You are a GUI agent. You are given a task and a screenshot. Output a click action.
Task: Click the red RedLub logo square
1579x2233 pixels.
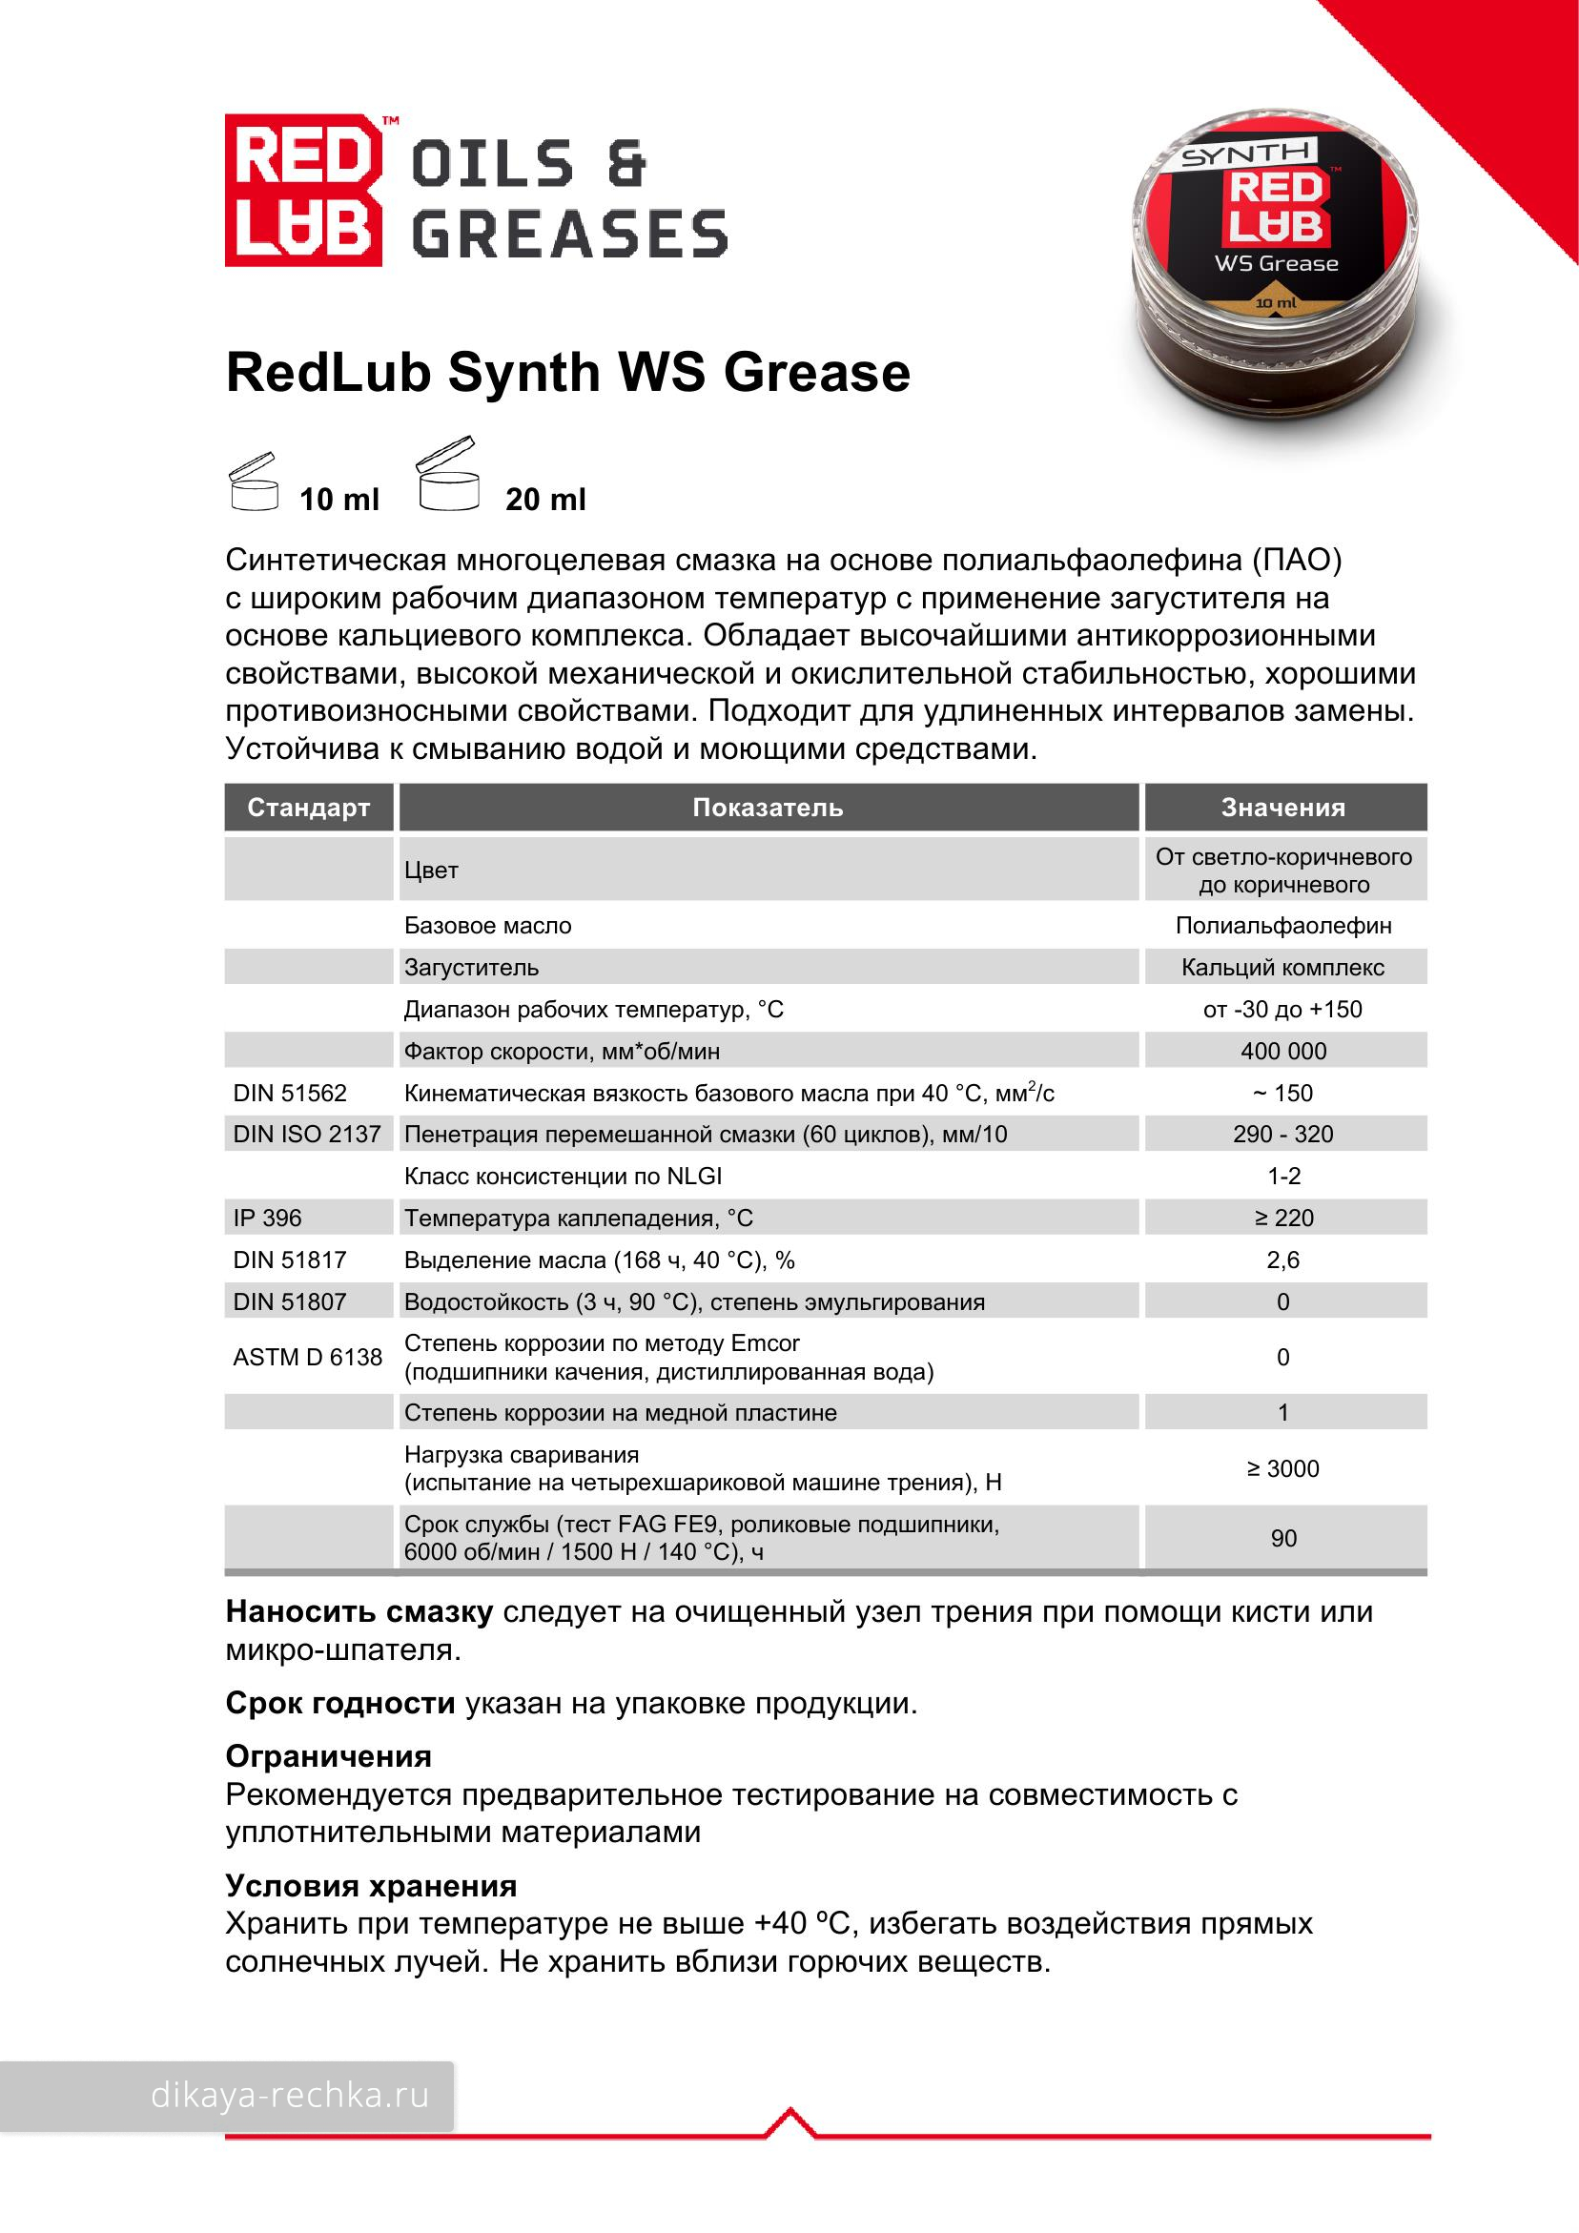click(302, 190)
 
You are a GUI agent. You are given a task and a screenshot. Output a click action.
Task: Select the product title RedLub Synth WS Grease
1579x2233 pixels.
click(567, 374)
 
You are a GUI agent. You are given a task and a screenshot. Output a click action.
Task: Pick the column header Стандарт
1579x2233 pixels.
click(308, 808)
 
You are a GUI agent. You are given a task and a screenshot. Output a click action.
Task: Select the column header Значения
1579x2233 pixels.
click(1283, 808)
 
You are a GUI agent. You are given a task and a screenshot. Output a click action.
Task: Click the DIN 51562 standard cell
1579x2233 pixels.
click(290, 1094)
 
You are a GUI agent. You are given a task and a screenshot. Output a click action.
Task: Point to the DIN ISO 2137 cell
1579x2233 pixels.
click(306, 1134)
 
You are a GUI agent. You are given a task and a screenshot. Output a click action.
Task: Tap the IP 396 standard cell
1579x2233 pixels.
click(268, 1218)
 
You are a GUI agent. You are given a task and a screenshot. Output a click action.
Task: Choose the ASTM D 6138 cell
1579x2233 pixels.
click(307, 1357)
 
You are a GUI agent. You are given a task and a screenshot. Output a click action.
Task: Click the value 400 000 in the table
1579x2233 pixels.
click(1283, 1052)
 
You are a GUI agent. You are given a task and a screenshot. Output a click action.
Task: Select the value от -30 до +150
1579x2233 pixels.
click(1282, 1010)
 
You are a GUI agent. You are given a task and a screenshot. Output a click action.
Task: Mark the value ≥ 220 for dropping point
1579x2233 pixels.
click(1283, 1218)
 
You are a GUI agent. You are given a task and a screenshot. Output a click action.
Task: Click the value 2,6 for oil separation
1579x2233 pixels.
click(1283, 1260)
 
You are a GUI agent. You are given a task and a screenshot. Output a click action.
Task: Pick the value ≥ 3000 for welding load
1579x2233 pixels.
click(1283, 1468)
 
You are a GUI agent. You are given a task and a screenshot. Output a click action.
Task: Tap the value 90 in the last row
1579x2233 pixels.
click(1283, 1538)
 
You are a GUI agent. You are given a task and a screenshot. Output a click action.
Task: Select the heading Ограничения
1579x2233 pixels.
click(328, 1756)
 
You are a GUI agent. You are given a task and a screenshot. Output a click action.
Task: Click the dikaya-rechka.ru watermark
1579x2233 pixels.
click(289, 2095)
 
